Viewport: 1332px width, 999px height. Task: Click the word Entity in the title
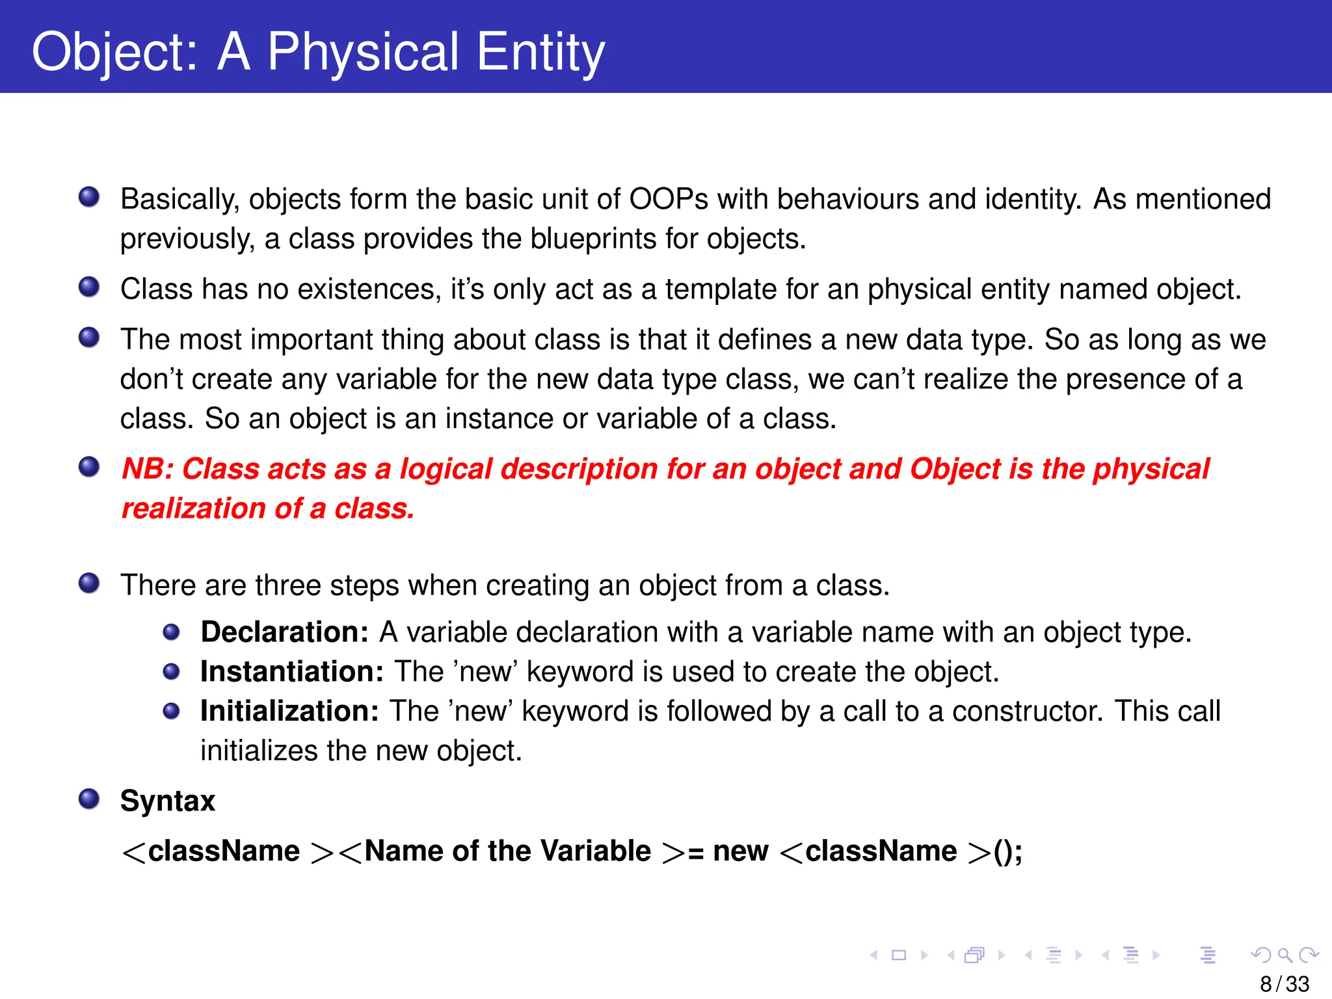(x=540, y=52)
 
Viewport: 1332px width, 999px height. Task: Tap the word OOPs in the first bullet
(x=668, y=199)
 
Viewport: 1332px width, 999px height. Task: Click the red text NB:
(x=148, y=469)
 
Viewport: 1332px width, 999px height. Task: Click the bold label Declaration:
(x=284, y=632)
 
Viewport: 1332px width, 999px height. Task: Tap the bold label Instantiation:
(x=291, y=672)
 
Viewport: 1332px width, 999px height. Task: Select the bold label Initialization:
(x=289, y=712)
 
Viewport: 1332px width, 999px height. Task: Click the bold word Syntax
(x=167, y=801)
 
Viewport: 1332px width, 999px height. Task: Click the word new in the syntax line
(x=740, y=851)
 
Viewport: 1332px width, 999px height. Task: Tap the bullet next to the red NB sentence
(x=89, y=467)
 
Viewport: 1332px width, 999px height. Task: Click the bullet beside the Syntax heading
(x=89, y=799)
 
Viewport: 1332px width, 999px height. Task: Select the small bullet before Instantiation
(x=171, y=671)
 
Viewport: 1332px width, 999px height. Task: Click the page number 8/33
(x=1284, y=984)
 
